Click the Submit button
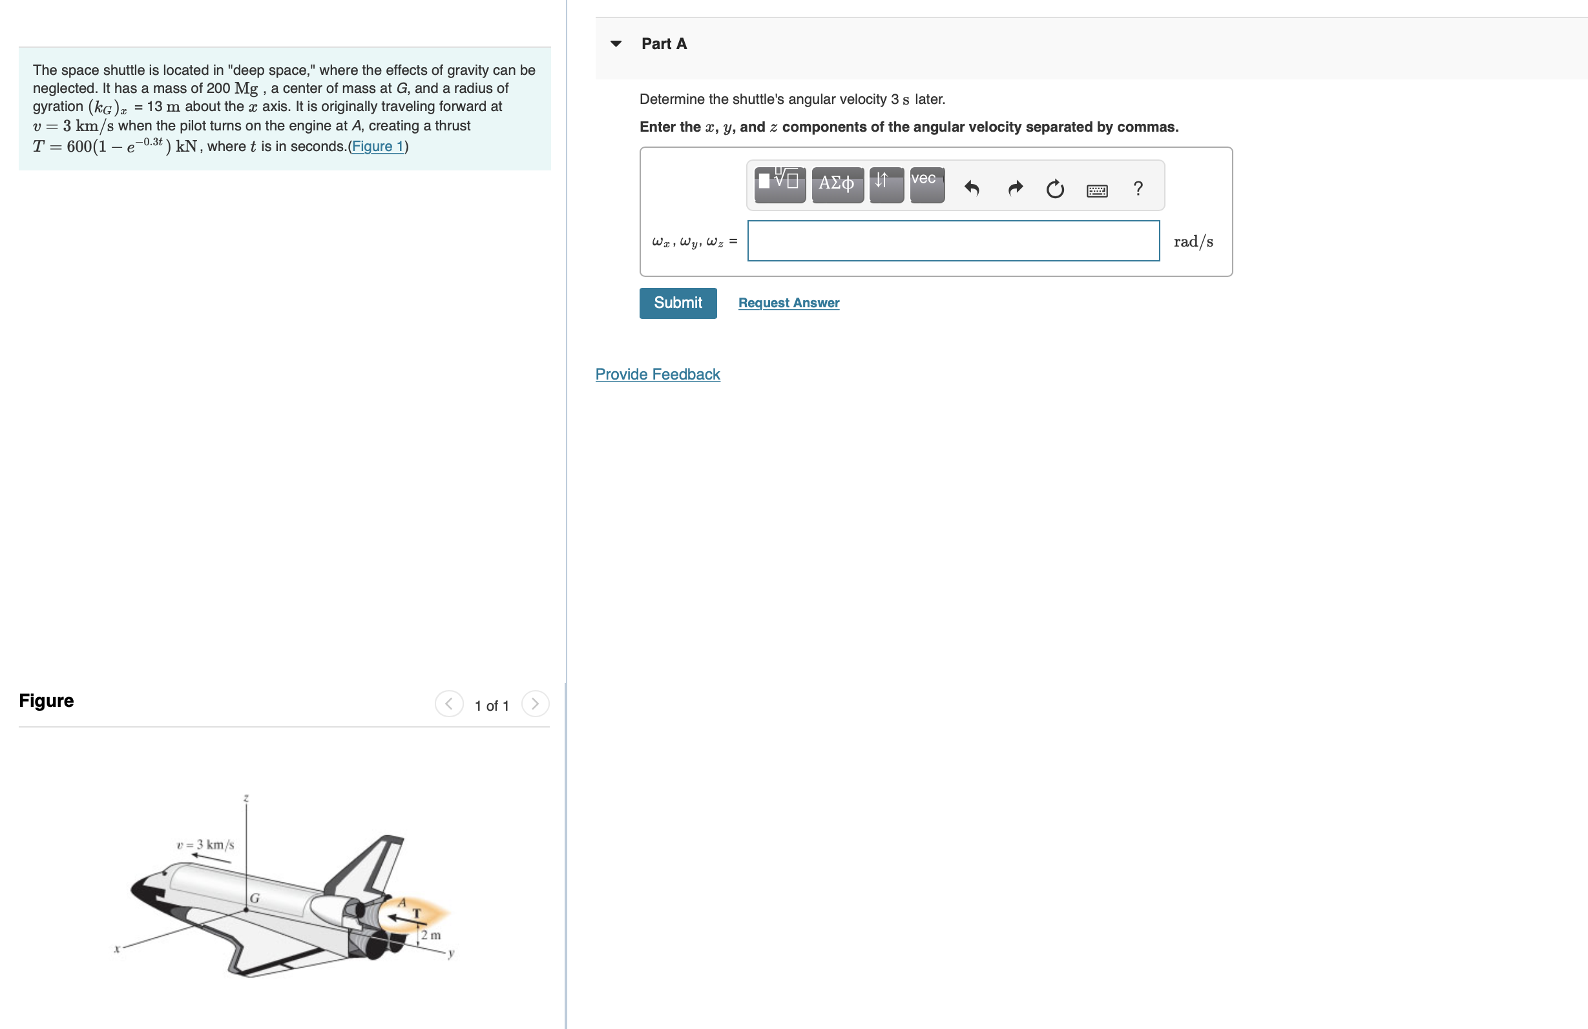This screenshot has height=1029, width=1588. pos(677,303)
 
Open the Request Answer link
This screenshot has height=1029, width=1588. pos(788,303)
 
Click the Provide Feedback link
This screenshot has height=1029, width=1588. pos(657,374)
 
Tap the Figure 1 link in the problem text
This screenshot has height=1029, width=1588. pos(378,146)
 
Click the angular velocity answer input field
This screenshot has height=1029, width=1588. pos(953,241)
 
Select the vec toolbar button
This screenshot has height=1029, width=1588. pos(927,185)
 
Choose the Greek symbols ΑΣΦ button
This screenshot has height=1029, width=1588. pos(837,185)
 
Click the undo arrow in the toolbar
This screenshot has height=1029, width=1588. pos(972,188)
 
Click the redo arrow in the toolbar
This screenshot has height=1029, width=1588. pos(1015,188)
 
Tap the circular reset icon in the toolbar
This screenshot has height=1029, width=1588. pos(1055,189)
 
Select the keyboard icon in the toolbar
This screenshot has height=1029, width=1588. pos(1097,190)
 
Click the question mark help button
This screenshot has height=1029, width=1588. pos(1138,188)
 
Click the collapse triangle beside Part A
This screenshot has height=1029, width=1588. pos(616,44)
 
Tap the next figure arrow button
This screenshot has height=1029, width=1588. pos(534,704)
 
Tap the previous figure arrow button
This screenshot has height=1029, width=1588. pos(449,704)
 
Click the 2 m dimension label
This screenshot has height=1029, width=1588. pos(430,935)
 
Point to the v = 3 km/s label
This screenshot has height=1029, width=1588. pos(205,844)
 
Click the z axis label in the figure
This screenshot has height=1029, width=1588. pos(246,799)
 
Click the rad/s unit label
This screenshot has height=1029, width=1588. pos(1193,241)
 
